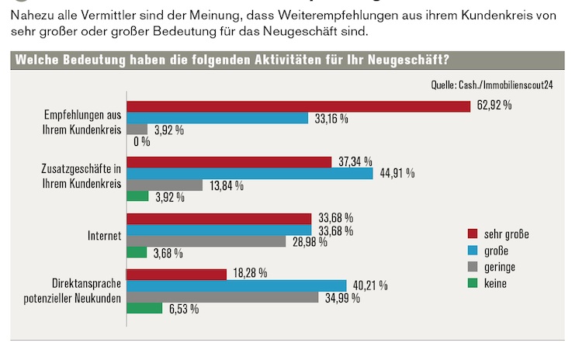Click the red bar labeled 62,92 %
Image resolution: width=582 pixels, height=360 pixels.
(299, 106)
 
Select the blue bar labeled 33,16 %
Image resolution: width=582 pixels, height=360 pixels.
(217, 118)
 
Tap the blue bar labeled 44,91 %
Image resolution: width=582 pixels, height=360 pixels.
(249, 173)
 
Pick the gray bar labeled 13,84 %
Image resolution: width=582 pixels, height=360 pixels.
(165, 185)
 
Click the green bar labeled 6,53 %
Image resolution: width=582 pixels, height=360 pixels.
(145, 309)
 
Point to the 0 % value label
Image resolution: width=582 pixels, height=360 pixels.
(142, 142)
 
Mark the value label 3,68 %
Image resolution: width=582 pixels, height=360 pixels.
(168, 253)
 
